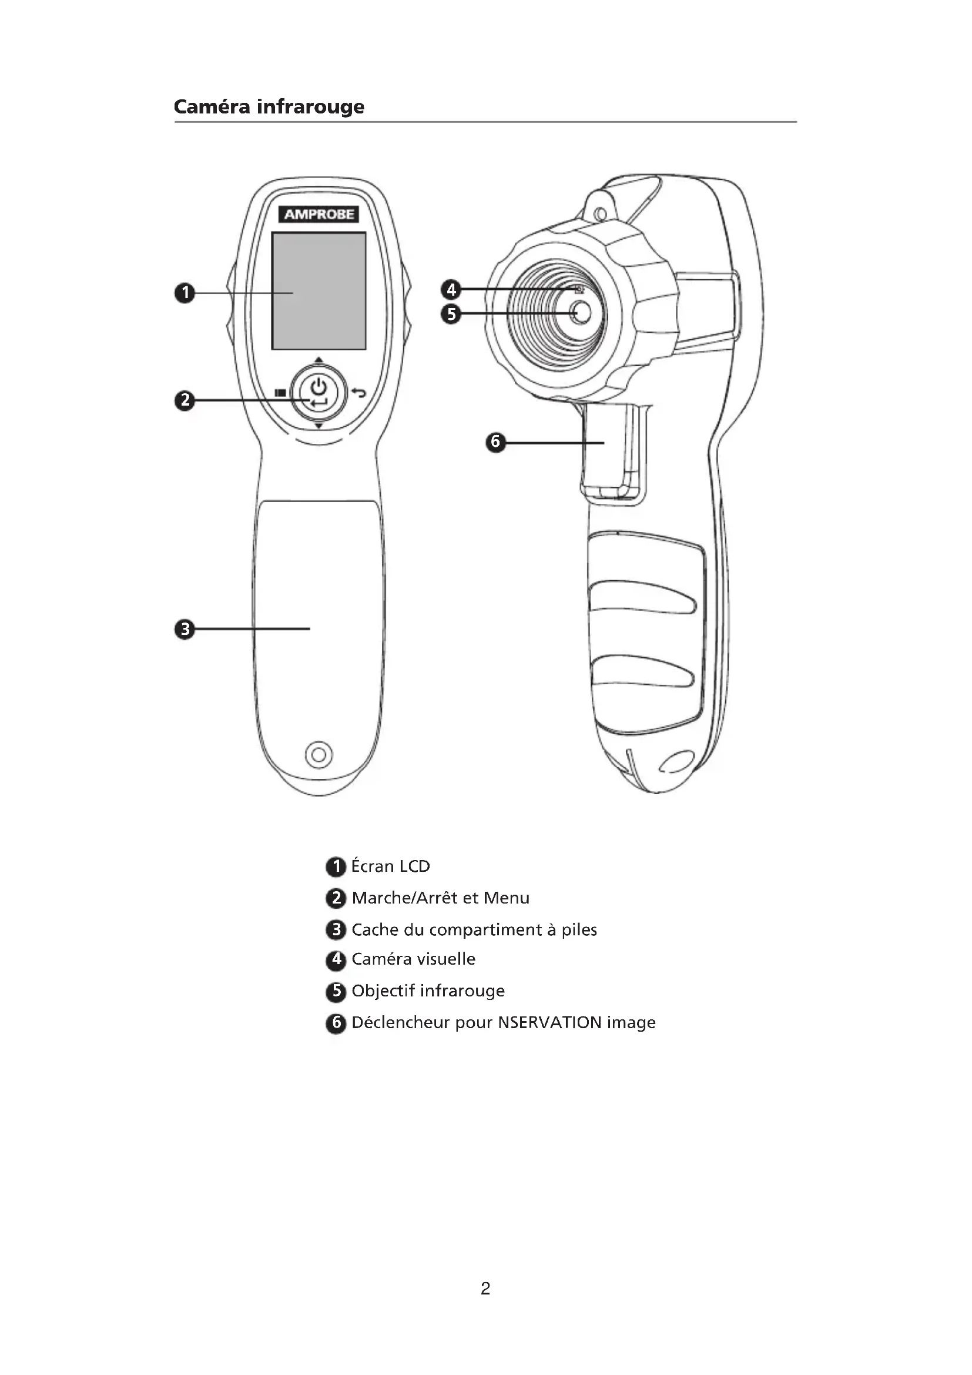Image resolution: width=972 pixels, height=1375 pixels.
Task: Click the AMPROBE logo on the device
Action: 319,214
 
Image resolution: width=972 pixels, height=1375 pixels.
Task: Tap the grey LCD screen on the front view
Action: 319,290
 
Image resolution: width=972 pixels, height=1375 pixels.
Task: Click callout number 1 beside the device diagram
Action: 185,293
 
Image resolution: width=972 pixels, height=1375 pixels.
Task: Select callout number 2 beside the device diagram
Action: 185,400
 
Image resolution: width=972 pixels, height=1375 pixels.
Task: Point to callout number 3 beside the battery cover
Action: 185,629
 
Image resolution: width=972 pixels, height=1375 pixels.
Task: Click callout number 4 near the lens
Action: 451,290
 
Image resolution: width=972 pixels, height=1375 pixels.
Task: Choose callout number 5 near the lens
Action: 451,314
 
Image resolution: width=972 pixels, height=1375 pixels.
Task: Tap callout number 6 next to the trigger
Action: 495,443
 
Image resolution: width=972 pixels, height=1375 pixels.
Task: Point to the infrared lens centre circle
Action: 580,312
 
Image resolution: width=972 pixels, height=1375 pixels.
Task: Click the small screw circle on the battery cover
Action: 319,754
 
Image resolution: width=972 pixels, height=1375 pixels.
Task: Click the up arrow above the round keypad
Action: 319,360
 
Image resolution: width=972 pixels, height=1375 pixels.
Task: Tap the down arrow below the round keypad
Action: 319,426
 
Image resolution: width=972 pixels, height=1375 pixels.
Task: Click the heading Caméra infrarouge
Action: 269,106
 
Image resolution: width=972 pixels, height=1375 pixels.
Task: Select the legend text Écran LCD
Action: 390,866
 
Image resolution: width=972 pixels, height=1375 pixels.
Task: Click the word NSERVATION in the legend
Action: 549,1022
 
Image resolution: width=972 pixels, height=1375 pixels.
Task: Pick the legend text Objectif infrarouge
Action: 428,991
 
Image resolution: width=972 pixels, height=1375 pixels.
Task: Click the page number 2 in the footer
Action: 485,1288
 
